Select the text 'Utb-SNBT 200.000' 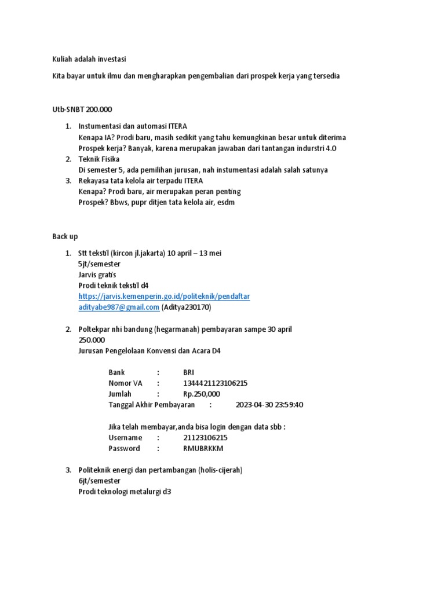pyautogui.click(x=82, y=109)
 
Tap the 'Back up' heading pyautogui.click(x=65, y=236)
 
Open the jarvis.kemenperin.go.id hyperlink pyautogui.click(x=164, y=296)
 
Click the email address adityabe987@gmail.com pyautogui.click(x=119, y=307)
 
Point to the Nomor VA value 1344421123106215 pyautogui.click(x=215, y=383)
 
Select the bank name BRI pyautogui.click(x=189, y=372)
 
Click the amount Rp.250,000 pyautogui.click(x=202, y=394)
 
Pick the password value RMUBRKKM pyautogui.click(x=203, y=448)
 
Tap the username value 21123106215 pyautogui.click(x=205, y=438)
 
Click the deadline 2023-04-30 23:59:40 pyautogui.click(x=269, y=405)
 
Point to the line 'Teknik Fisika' pyautogui.click(x=99, y=159)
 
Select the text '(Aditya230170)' pyautogui.click(x=186, y=307)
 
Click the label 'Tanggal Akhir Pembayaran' pyautogui.click(x=151, y=405)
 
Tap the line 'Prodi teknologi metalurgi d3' pyautogui.click(x=125, y=492)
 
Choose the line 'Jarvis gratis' pyautogui.click(x=97, y=274)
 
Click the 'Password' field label pyautogui.click(x=124, y=448)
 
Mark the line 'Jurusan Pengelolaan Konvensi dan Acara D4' pyautogui.click(x=149, y=350)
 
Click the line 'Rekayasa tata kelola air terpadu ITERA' pyautogui.click(x=141, y=181)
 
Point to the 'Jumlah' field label pyautogui.click(x=120, y=394)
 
